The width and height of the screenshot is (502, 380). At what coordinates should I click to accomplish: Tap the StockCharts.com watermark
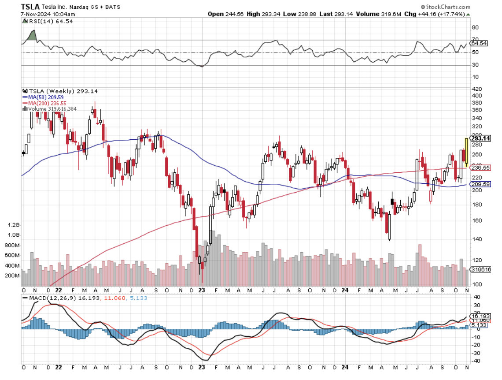(445, 7)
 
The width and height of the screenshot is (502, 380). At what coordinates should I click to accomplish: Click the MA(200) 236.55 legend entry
(45, 103)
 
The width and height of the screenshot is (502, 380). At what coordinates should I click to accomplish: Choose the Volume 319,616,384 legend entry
(52, 108)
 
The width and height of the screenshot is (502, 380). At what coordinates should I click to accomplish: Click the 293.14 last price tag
(480, 138)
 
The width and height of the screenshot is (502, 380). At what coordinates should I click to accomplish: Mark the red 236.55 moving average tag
(480, 168)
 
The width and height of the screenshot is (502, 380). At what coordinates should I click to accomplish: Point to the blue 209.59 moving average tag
(480, 184)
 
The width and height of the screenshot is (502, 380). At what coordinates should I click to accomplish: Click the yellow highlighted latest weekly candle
(466, 152)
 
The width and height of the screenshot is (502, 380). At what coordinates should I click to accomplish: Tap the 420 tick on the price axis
(476, 89)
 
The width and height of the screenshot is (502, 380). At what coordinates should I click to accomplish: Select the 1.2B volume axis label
(13, 225)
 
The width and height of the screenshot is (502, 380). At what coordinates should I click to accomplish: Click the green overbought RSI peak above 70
(32, 36)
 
